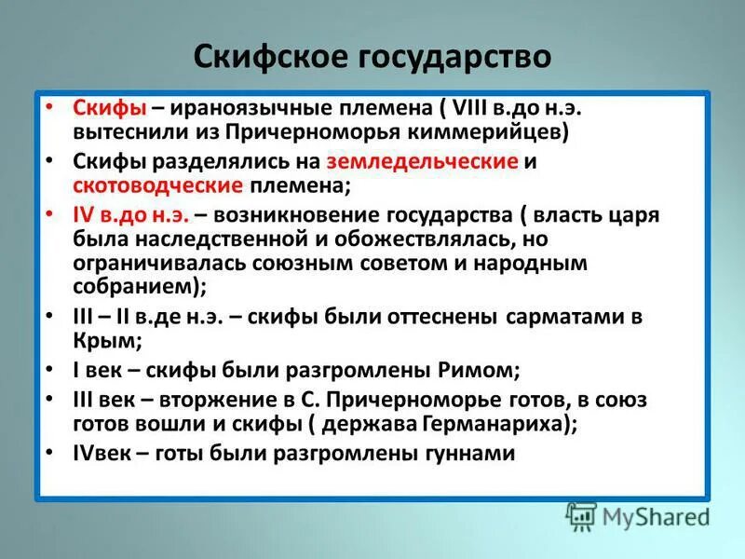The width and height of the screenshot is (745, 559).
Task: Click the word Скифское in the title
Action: click(x=264, y=58)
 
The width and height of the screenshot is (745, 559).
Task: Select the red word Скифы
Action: click(x=102, y=108)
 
